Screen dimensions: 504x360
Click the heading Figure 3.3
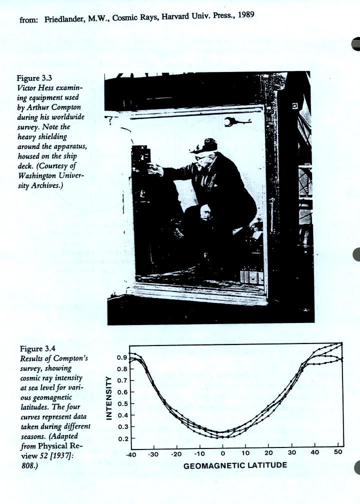35,78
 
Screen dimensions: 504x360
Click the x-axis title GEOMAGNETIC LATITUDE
235,465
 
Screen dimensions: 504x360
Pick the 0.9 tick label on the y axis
122,358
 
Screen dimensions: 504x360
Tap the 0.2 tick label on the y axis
122,438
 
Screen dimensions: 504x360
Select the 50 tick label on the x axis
338,452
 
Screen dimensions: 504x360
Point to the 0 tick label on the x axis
222,453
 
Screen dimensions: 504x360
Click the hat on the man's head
203,145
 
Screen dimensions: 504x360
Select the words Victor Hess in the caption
38,87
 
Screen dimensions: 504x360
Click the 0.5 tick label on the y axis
122,404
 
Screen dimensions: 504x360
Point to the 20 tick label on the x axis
268,453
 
